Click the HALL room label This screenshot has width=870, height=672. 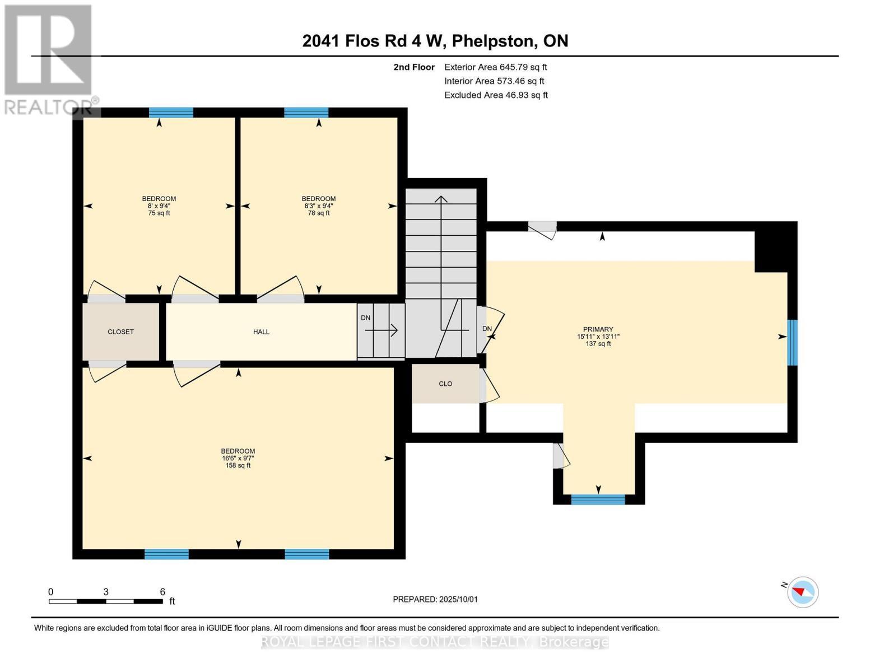[261, 332]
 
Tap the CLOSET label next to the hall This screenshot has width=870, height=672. [120, 332]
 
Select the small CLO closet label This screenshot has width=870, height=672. [445, 384]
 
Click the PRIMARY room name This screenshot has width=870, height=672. [598, 329]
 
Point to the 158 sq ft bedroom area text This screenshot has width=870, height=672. [238, 465]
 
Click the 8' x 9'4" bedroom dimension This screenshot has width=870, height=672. [159, 206]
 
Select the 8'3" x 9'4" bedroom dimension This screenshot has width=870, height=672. [318, 206]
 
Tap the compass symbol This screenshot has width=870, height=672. [802, 592]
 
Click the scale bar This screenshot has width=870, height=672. [105, 601]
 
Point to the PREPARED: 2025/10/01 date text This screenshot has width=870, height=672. [435, 599]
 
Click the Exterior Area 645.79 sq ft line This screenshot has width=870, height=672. [495, 67]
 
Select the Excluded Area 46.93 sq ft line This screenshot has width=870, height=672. [496, 95]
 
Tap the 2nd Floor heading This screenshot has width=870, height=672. [414, 67]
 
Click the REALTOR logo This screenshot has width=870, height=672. [49, 59]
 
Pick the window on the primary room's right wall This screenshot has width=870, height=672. [792, 342]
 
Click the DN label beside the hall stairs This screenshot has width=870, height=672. [365, 318]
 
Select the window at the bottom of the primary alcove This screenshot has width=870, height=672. [598, 500]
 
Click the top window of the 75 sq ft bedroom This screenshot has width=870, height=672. [171, 113]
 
